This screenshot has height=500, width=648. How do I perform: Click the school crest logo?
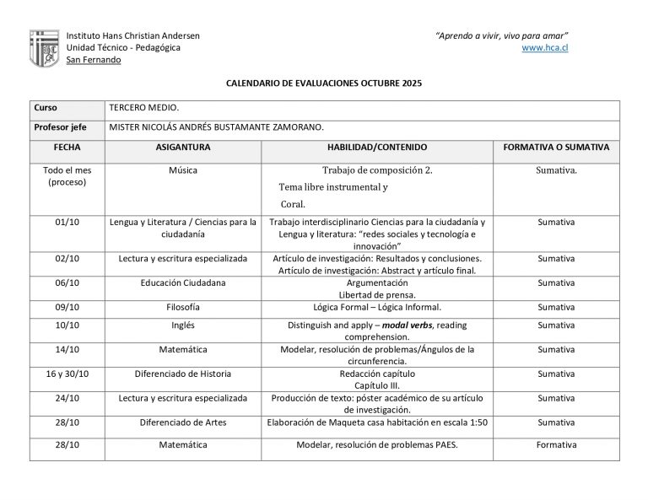(x=44, y=48)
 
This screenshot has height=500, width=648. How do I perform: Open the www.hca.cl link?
(x=544, y=48)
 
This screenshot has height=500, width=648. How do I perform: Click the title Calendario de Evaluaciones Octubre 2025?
(x=324, y=83)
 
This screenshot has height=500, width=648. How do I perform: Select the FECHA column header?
(x=67, y=147)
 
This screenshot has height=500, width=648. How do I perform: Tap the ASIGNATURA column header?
(x=183, y=147)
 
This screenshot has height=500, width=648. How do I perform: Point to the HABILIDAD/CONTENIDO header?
(x=377, y=147)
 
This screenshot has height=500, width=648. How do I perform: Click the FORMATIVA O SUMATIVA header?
(x=556, y=147)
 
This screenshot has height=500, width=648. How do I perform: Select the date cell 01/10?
(x=67, y=223)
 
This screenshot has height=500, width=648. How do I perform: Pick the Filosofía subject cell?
(x=183, y=308)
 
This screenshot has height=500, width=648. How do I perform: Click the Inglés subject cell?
(x=183, y=325)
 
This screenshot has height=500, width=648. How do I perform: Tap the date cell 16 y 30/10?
(x=67, y=374)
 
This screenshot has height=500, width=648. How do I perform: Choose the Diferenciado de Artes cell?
(x=183, y=422)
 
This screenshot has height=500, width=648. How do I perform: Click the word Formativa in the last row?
(x=556, y=445)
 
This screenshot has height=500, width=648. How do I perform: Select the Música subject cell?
(x=183, y=170)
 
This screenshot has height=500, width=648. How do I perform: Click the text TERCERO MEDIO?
(x=144, y=109)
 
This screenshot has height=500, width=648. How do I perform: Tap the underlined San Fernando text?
(x=94, y=60)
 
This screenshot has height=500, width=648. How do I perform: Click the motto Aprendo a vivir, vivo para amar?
(x=501, y=35)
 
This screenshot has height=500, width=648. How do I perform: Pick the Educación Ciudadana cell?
(x=183, y=283)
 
